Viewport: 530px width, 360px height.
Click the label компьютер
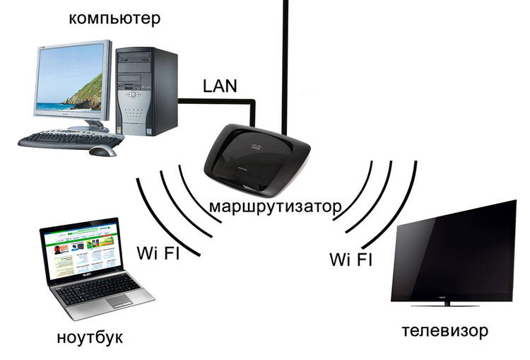coord(114,16)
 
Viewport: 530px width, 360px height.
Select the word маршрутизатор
coord(276,208)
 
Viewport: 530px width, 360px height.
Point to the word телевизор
coord(446,330)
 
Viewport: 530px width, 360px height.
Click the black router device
coord(258,159)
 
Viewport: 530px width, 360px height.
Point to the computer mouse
coord(105,151)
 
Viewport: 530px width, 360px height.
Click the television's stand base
coord(452,305)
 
